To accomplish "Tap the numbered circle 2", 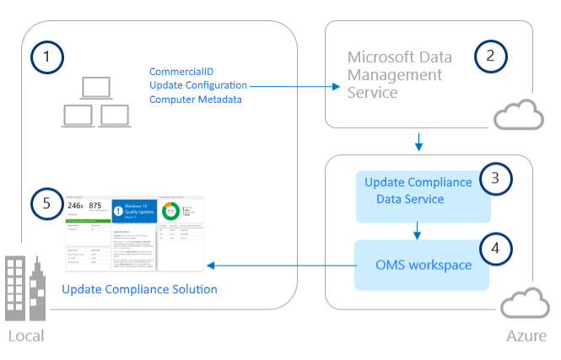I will [x=491, y=57].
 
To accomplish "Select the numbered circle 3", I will [x=496, y=178].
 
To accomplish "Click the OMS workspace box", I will [x=423, y=265].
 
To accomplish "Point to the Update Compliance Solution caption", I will [x=139, y=289].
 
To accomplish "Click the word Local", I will [x=25, y=336].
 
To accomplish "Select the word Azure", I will [x=526, y=336].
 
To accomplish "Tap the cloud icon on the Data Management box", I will [x=515, y=116].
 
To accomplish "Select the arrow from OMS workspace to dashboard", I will [x=278, y=266].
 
